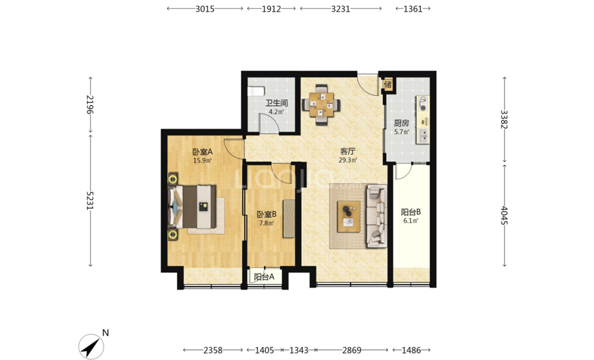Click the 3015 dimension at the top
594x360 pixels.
(x=205, y=9)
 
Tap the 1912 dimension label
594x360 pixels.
(x=271, y=9)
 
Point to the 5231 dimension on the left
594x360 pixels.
(x=90, y=200)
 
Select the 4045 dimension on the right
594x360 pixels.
(x=504, y=215)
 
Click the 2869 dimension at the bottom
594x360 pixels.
(x=352, y=350)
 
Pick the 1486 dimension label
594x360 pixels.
(x=411, y=350)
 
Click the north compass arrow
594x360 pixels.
(x=91, y=347)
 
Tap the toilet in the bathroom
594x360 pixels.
(x=255, y=91)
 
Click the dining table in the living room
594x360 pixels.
(x=321, y=104)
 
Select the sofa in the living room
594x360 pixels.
(x=376, y=216)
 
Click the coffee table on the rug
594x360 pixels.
(x=349, y=216)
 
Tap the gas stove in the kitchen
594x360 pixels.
(x=423, y=104)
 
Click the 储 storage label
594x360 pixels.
(x=387, y=84)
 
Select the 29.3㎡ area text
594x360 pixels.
(x=347, y=160)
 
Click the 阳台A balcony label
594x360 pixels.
(x=264, y=277)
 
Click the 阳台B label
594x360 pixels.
(x=411, y=212)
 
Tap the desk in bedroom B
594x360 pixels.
(x=288, y=219)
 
